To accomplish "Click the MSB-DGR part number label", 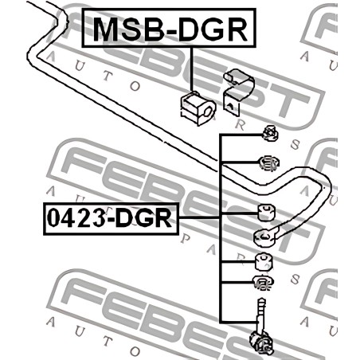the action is (169, 28).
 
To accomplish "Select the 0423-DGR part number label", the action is (112, 219).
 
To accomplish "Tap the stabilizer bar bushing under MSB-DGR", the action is (198, 108).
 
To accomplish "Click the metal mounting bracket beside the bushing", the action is (237, 92).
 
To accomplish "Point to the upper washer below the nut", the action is (269, 163).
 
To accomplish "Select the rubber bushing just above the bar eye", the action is (267, 212).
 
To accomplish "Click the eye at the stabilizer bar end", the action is (264, 237).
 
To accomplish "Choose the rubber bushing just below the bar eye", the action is (264, 261).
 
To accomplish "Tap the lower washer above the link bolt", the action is (263, 283).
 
